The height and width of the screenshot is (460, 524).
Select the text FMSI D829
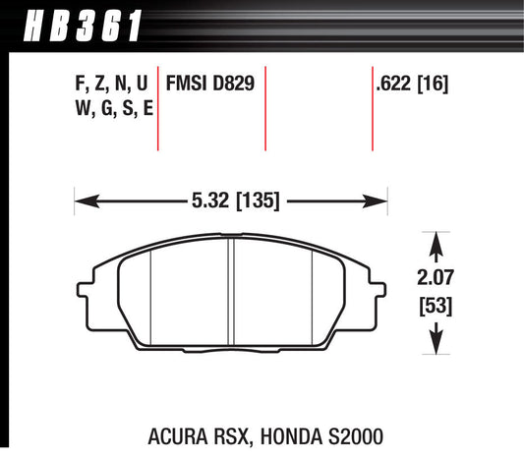click(x=211, y=85)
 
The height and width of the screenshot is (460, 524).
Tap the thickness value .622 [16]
click(x=412, y=85)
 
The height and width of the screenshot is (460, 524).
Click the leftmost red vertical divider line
click(x=158, y=108)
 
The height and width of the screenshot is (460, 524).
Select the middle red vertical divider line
click(x=266, y=108)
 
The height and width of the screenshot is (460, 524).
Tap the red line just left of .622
click(x=372, y=108)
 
